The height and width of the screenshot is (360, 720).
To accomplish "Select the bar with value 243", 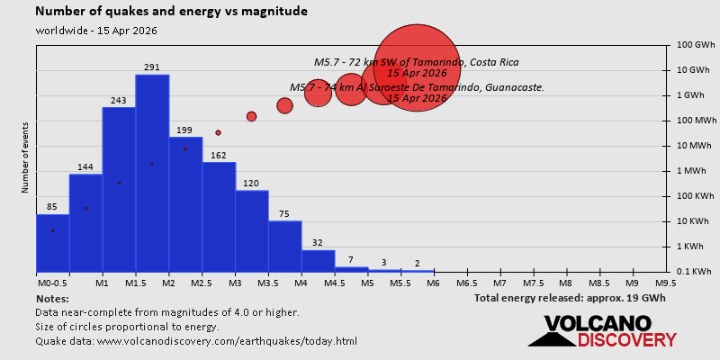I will click(119, 189).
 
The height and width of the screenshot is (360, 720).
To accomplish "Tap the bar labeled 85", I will click(52, 242).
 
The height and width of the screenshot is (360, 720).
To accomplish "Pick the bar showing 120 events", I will click(251, 230).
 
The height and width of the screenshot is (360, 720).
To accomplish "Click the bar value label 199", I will click(185, 130).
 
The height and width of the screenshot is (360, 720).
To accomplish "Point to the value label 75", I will click(284, 214).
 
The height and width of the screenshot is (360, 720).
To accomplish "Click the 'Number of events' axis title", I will click(25, 160).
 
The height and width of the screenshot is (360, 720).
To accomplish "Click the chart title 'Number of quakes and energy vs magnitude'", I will click(171, 12).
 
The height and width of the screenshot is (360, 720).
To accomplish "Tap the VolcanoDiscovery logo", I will click(601, 330).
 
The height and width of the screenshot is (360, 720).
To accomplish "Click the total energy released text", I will click(570, 298).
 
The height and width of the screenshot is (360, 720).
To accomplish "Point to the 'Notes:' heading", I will click(52, 298).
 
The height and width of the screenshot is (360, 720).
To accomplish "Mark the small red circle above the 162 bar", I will click(218, 132).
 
